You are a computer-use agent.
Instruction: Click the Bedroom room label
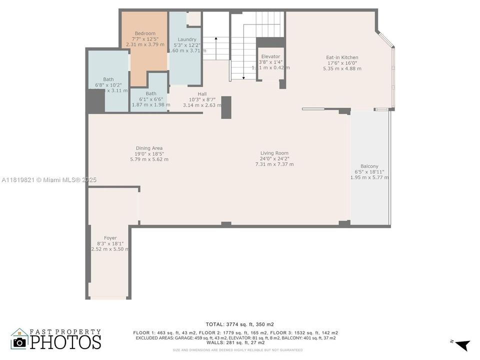click(144, 33)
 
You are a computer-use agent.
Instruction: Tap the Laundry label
click(187, 39)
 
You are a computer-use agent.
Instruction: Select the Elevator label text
click(270, 56)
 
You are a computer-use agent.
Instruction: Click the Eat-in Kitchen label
click(342, 57)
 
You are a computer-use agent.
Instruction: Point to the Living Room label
click(274, 153)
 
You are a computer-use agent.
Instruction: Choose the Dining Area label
click(149, 148)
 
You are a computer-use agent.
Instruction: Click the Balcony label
click(369, 166)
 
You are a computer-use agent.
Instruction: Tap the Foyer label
click(110, 238)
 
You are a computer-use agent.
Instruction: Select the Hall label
click(202, 94)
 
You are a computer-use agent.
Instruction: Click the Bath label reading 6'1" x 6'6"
click(151, 93)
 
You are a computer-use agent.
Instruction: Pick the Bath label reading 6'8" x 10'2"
click(108, 79)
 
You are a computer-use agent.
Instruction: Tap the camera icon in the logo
click(19, 341)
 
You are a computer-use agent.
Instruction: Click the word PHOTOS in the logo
click(65, 342)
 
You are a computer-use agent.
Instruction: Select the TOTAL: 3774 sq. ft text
click(239, 324)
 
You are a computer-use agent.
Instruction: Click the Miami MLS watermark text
click(48, 180)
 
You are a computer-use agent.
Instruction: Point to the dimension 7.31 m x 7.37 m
click(274, 164)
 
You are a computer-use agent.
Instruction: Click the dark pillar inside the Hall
click(226, 107)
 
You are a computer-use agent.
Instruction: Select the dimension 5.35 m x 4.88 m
click(342, 68)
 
